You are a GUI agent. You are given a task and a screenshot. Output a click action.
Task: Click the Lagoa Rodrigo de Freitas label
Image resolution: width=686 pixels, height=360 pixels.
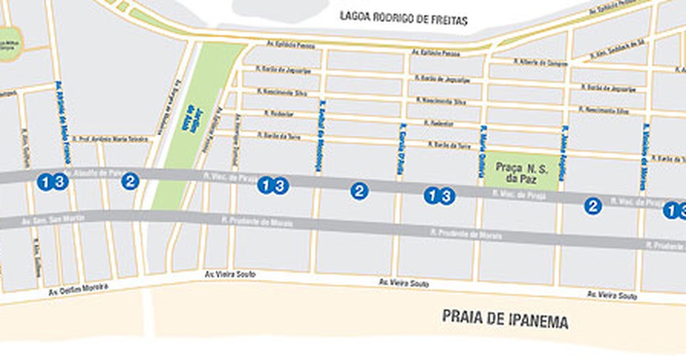pos(404,18)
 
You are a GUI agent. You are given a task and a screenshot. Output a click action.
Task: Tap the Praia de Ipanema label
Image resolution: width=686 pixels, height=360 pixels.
pos(505,319)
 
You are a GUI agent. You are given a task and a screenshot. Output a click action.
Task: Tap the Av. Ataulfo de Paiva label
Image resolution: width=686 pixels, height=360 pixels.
pos(94,171)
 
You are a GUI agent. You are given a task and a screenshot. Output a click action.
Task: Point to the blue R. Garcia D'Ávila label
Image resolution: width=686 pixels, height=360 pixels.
pos(400,149)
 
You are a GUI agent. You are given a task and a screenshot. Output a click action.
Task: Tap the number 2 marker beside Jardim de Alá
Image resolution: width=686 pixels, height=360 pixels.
pos(130,181)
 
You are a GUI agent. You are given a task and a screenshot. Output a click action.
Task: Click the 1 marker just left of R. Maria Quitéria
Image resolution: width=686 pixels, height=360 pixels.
pos(432,195)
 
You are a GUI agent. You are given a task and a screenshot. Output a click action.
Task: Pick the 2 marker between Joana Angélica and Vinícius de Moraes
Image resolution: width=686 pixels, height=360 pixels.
pos(593,206)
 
